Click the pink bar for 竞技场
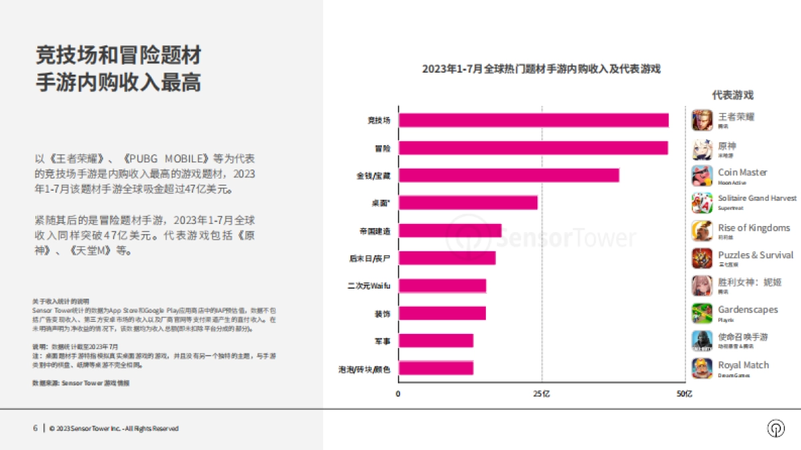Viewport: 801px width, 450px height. point(533,120)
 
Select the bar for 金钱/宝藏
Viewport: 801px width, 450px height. point(509,175)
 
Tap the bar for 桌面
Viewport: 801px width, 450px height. point(468,203)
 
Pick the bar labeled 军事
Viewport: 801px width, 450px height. point(436,341)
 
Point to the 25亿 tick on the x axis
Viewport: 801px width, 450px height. point(541,394)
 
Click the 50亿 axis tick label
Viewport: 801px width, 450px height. point(684,394)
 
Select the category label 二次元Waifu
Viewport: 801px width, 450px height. point(368,286)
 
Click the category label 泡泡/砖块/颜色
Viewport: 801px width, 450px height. point(364,369)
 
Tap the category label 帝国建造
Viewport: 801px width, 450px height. point(374,231)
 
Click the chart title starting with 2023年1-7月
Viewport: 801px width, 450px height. point(541,69)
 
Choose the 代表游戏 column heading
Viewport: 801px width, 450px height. point(732,95)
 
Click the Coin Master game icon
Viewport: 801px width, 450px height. point(702,175)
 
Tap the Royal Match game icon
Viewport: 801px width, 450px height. point(702,368)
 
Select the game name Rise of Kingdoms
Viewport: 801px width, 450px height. point(754,228)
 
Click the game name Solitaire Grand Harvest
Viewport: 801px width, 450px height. point(757,199)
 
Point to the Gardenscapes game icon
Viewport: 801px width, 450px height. point(702,313)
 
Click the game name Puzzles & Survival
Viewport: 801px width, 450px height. point(756,255)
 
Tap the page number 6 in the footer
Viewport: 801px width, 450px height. point(35,429)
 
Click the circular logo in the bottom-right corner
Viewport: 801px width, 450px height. point(776,429)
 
